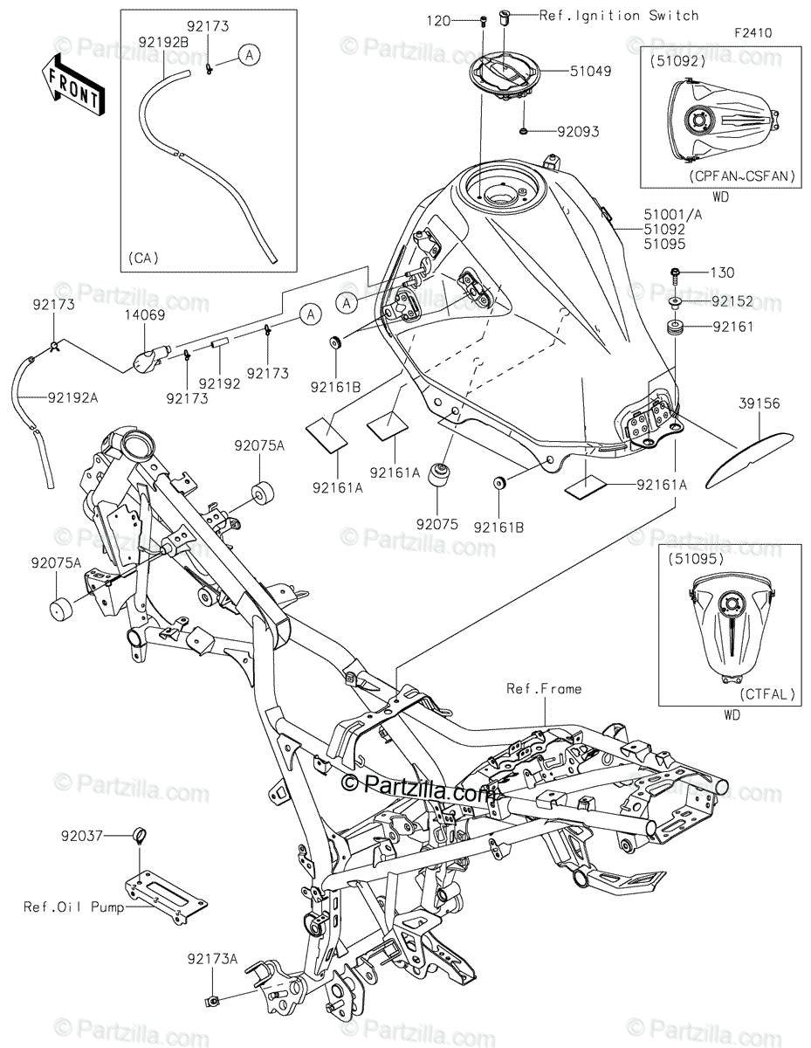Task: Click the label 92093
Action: coord(580,132)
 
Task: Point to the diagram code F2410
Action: coord(752,34)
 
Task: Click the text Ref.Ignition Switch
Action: coord(619,16)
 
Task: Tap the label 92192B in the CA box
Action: coord(162,39)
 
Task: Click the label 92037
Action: coord(83,836)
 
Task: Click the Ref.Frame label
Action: coord(543,689)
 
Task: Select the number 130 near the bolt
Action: coord(723,272)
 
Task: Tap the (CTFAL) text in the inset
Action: coord(767,695)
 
